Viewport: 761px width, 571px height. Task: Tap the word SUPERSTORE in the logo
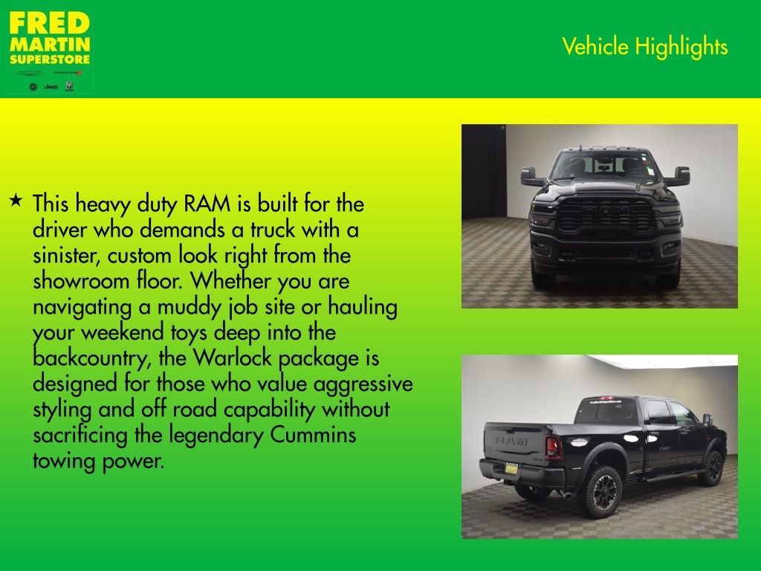click(49, 59)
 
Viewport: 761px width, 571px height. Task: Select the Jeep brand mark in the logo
click(51, 87)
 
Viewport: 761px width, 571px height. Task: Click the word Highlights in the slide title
click(681, 47)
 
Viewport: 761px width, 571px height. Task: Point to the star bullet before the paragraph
click(16, 201)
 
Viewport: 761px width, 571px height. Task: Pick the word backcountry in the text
click(91, 358)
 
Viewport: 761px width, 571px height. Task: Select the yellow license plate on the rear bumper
click(511, 468)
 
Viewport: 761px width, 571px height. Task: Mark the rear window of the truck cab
click(608, 410)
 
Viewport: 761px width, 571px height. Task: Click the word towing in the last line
click(59, 460)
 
